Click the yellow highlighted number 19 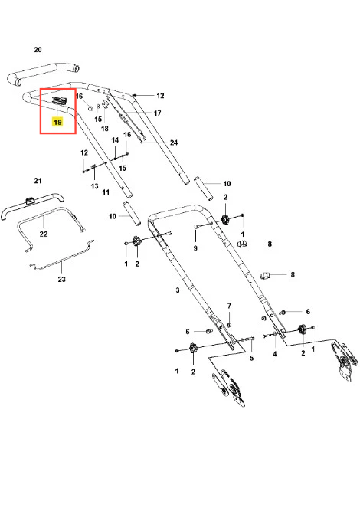tap(57, 122)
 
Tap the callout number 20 tap(38, 50)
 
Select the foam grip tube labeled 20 tap(44, 74)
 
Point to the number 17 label tap(157, 113)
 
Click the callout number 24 tap(174, 143)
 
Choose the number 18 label tap(105, 129)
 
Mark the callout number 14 tap(115, 140)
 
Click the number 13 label tap(94, 186)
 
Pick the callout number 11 tap(106, 192)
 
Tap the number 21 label tap(38, 181)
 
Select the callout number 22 tap(44, 234)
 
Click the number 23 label tap(61, 279)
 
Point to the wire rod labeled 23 tap(62, 256)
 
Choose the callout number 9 tap(195, 248)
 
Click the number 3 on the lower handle tap(178, 290)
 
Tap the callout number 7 tap(229, 306)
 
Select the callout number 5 tap(251, 358)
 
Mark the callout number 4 tap(275, 354)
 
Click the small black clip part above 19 tap(59, 100)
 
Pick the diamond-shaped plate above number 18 tap(105, 103)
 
